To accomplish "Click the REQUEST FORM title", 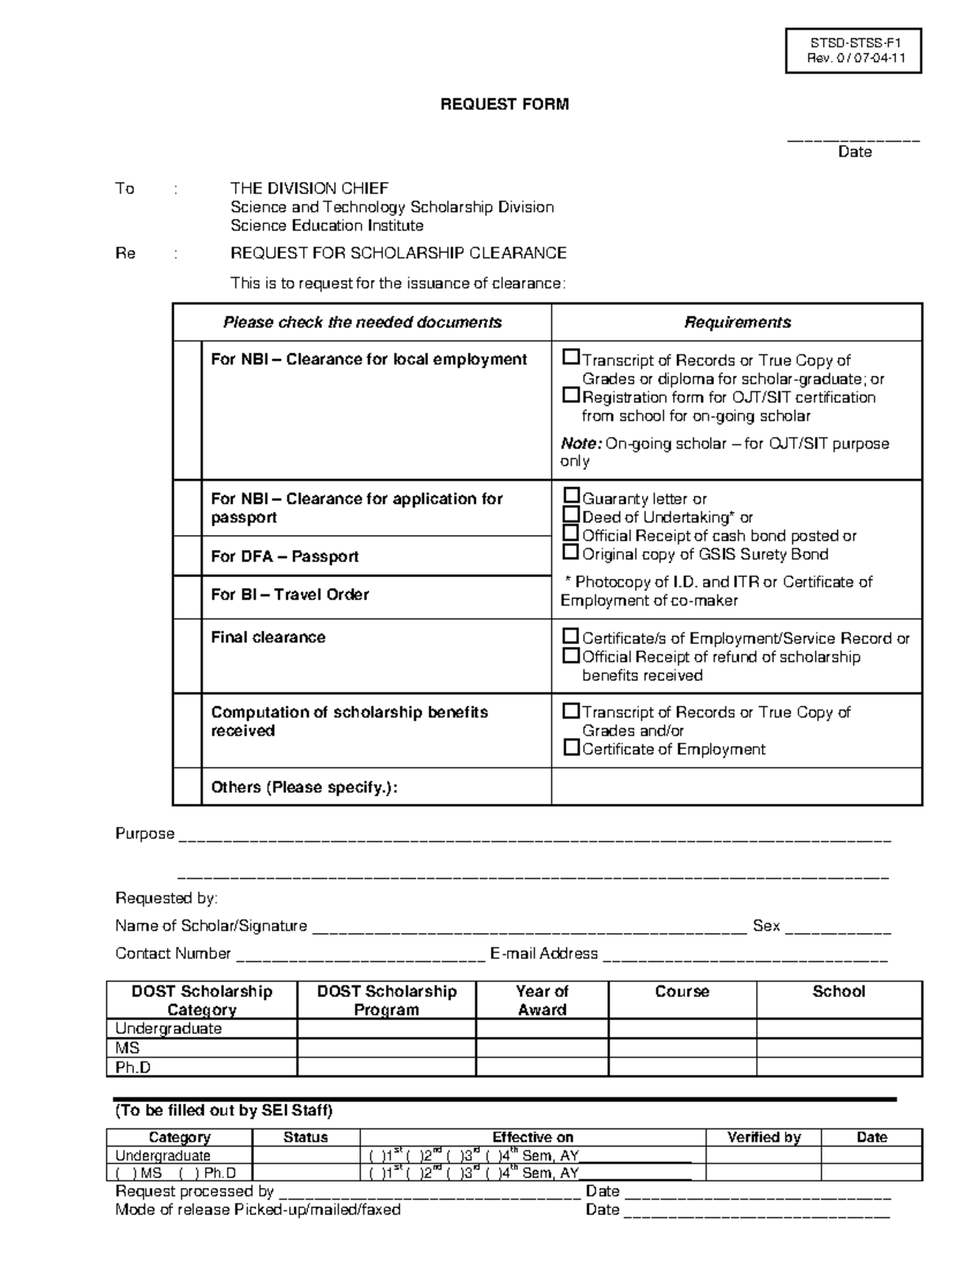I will click(504, 105).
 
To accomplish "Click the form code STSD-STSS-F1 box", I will click(853, 51).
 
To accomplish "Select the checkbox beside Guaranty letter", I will click(572, 496).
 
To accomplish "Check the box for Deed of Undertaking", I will click(572, 515).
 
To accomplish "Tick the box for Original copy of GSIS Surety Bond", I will click(572, 552).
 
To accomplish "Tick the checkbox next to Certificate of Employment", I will click(572, 748).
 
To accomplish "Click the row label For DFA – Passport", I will click(284, 556).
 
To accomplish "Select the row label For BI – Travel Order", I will click(289, 595).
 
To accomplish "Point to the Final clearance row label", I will click(268, 637).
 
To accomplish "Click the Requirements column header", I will click(737, 323).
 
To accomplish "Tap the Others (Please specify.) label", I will click(304, 788).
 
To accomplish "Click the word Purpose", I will click(145, 834).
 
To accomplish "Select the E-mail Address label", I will click(544, 954).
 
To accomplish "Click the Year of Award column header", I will click(542, 1000).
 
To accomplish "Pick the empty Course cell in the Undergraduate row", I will click(682, 1029).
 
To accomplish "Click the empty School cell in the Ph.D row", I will click(839, 1067).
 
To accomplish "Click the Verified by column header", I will click(764, 1137).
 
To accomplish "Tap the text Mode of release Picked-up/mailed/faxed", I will click(258, 1210).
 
